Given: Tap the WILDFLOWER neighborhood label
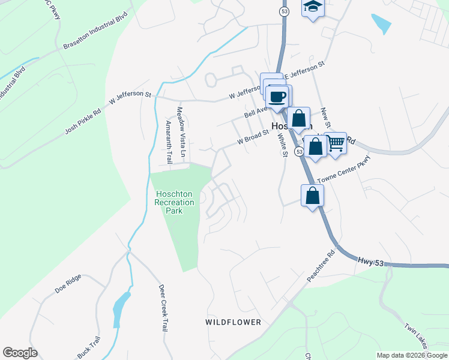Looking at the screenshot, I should tap(234, 322).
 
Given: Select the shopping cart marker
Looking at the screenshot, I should tap(336, 143).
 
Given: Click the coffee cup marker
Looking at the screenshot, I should tap(277, 97).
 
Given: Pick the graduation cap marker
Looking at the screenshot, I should tap(312, 8).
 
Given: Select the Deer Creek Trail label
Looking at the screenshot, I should tap(162, 308).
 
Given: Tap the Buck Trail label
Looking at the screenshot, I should tap(88, 347).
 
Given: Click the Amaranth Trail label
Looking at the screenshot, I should tap(169, 142).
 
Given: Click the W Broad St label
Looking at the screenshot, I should tap(252, 139).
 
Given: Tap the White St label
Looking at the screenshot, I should tap(282, 145).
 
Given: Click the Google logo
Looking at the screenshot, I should tap(20, 353).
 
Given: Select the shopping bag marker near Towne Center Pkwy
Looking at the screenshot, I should tap(312, 196).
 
